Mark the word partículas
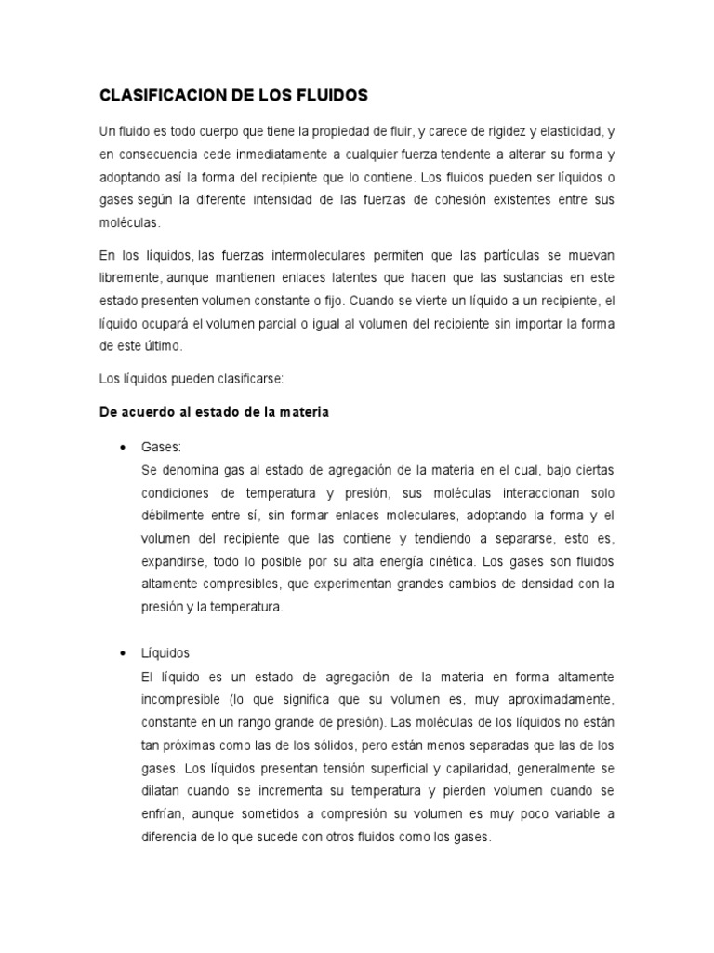(x=515, y=254)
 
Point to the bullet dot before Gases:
(x=123, y=447)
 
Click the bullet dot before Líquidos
(x=123, y=653)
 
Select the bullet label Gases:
(x=162, y=447)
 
